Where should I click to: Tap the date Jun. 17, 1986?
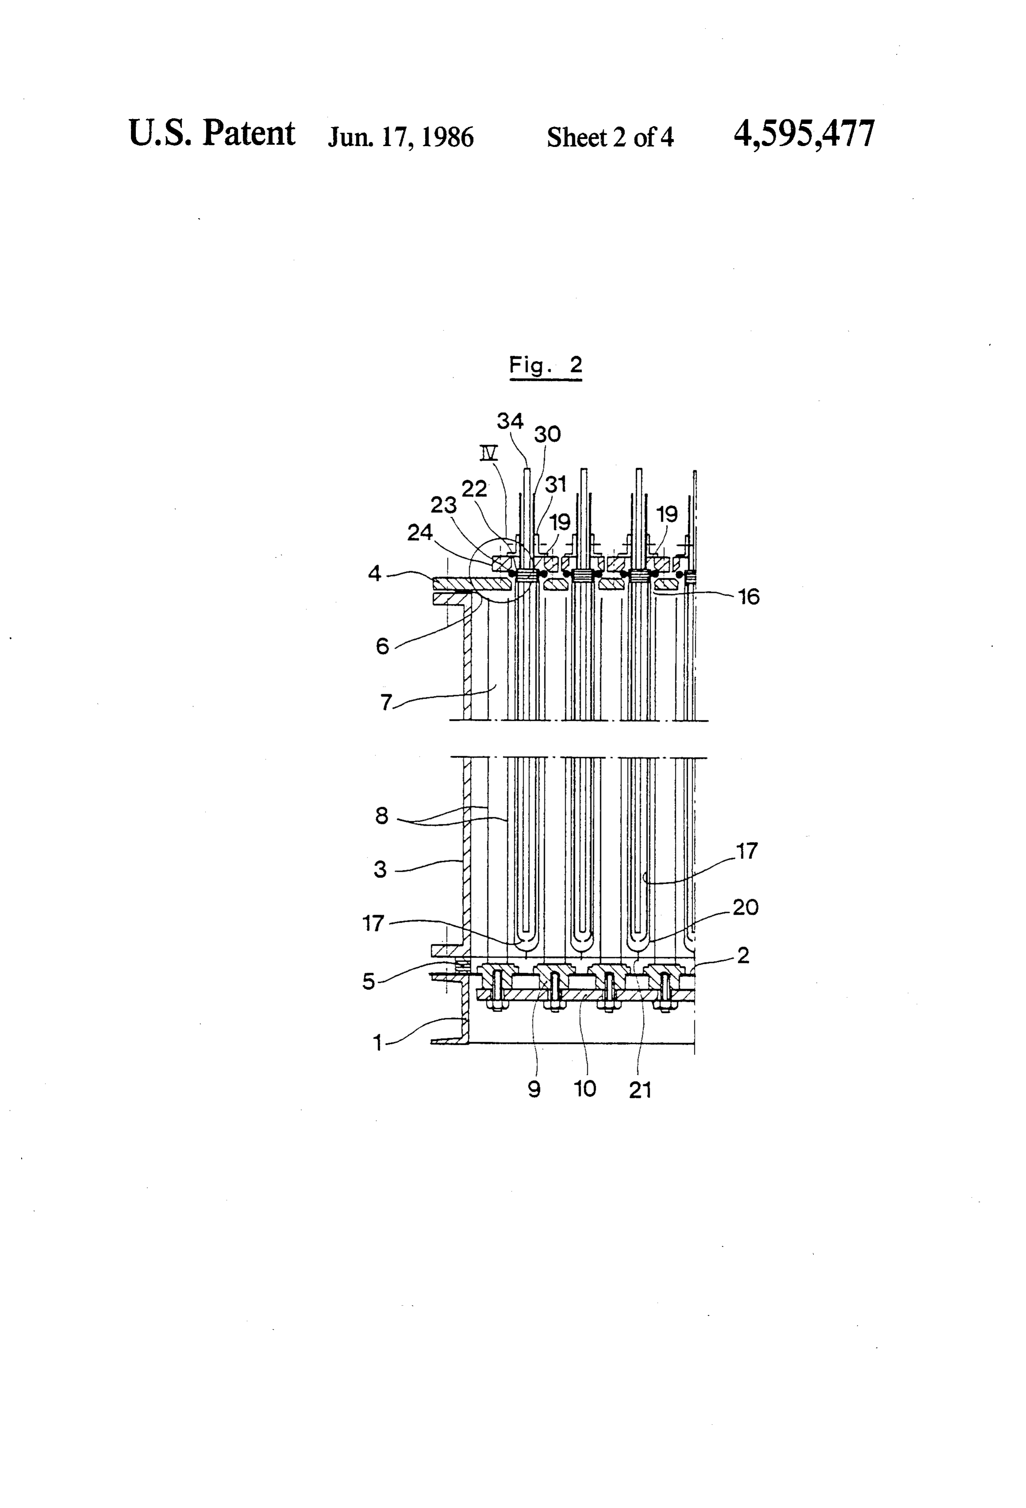(x=401, y=137)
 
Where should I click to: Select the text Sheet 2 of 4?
(x=610, y=137)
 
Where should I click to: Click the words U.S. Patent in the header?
(x=212, y=133)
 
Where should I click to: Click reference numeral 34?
(x=510, y=421)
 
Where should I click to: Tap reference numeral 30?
(x=547, y=434)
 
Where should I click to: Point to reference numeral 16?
(x=749, y=596)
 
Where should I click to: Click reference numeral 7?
(x=386, y=702)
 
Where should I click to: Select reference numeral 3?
(x=381, y=869)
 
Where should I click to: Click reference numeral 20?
(x=746, y=907)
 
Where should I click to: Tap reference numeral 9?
(x=534, y=1089)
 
